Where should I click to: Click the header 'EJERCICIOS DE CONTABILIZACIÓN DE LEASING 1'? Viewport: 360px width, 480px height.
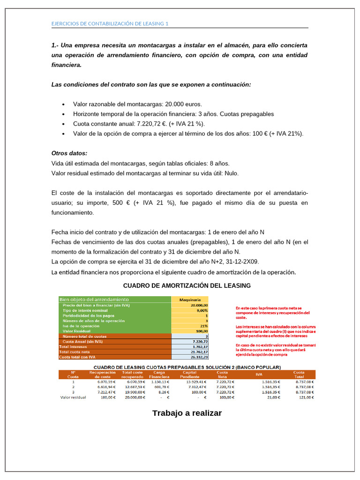pos(109,24)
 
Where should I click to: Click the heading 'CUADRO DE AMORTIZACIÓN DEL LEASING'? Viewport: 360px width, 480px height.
pos(187,285)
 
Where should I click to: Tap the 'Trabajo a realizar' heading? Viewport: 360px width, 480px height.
pos(187,413)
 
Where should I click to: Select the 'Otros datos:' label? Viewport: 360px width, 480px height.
pos(69,153)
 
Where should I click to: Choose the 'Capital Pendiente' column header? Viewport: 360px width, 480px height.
pos(190,375)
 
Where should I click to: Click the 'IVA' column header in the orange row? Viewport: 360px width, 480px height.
pos(259,375)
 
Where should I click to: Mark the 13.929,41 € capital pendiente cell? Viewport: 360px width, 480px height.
pos(193,382)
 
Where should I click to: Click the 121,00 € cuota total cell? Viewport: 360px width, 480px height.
pos(305,397)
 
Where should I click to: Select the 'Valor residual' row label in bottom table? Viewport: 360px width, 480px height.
pos(73,397)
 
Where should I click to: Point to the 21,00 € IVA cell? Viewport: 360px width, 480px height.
pos(273,397)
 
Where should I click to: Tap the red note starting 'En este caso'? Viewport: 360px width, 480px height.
pos(272,312)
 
